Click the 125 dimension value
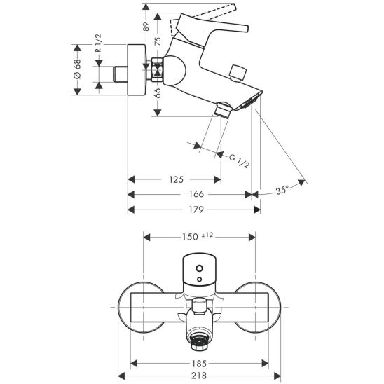point(177,180)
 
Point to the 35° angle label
point(282,190)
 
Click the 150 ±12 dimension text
point(198,236)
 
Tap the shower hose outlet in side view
point(223,109)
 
